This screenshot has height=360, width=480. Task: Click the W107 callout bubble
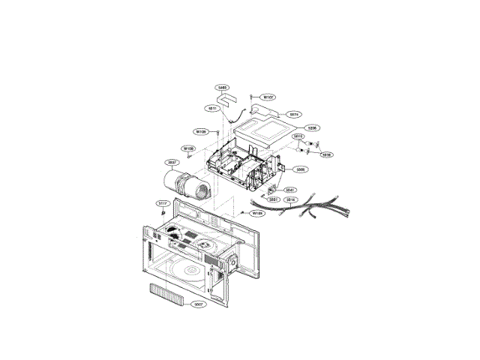[x=268, y=97]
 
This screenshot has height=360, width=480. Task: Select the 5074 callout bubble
[x=295, y=115]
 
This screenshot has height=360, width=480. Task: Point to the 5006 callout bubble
[x=300, y=169]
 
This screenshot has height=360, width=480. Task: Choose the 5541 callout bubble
[x=289, y=190]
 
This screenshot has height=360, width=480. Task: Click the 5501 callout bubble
[x=274, y=199]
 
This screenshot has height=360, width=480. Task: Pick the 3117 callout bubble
[x=162, y=203]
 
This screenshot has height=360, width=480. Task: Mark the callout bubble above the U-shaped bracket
[x=222, y=87]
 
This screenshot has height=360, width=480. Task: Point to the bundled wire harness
[x=300, y=208]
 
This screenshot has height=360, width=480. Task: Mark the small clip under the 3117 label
[x=161, y=214]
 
